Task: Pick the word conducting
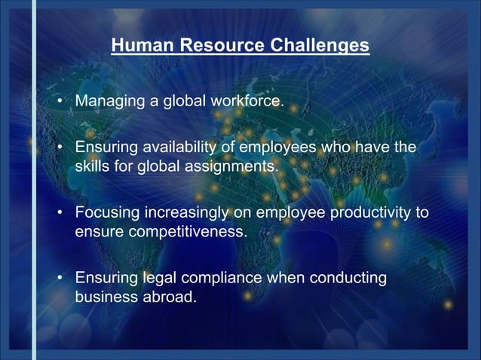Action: (x=346, y=279)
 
